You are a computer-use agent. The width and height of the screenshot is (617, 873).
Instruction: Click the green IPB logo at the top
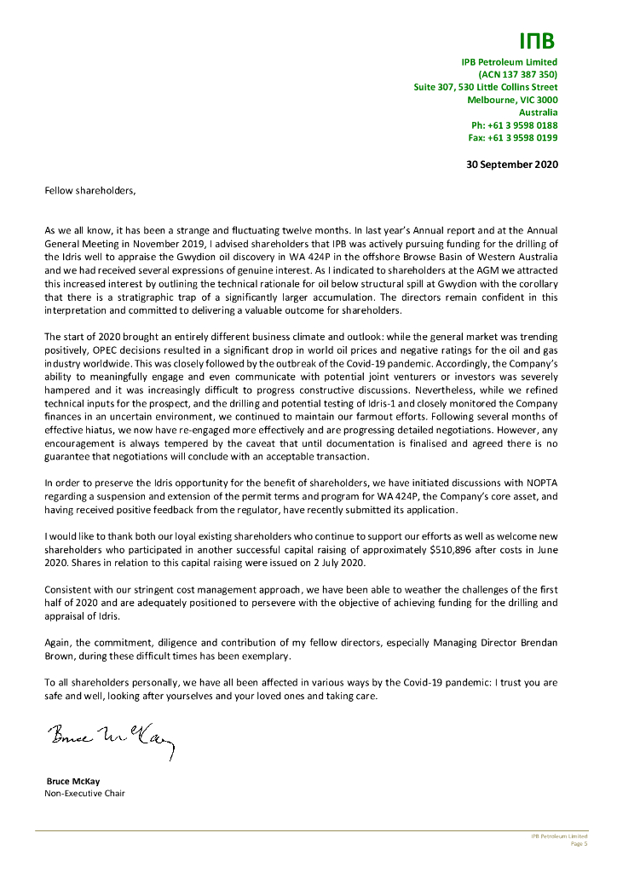point(538,41)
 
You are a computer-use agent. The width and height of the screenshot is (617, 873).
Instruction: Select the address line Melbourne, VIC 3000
point(512,100)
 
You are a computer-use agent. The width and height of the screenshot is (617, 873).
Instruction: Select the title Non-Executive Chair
point(84,794)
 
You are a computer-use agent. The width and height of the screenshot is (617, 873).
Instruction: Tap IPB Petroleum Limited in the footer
point(553,836)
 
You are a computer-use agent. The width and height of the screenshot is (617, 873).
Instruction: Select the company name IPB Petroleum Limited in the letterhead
point(509,61)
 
